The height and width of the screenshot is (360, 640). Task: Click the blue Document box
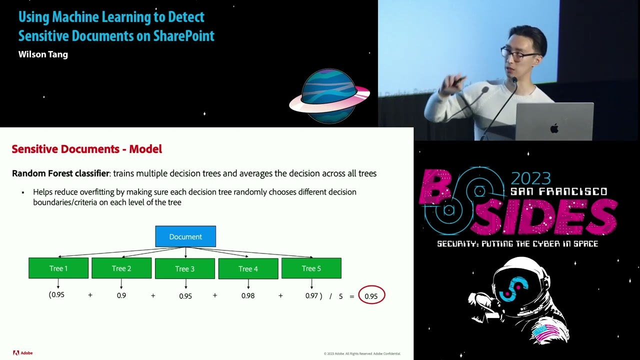pos(185,236)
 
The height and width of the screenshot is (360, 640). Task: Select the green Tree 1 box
pos(58,268)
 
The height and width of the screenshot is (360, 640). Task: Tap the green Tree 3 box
pos(185,268)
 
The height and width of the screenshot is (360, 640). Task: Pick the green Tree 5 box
pos(311,268)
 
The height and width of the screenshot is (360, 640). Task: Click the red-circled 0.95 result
pos(371,296)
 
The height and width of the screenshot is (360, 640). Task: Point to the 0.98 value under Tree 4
pos(247,295)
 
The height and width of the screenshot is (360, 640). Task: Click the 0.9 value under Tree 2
pos(121,295)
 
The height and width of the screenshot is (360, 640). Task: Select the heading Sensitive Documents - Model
pos(86,149)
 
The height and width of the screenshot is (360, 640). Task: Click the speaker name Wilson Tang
pos(43,54)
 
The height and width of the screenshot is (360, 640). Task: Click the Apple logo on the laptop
pos(554,128)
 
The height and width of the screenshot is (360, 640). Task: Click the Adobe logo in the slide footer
pos(22,353)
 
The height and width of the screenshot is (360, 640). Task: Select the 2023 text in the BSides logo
pos(530,178)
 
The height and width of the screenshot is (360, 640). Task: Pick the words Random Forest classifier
pos(60,173)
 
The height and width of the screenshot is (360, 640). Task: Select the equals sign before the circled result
pos(352,296)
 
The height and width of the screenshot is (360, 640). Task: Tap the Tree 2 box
pos(121,268)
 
